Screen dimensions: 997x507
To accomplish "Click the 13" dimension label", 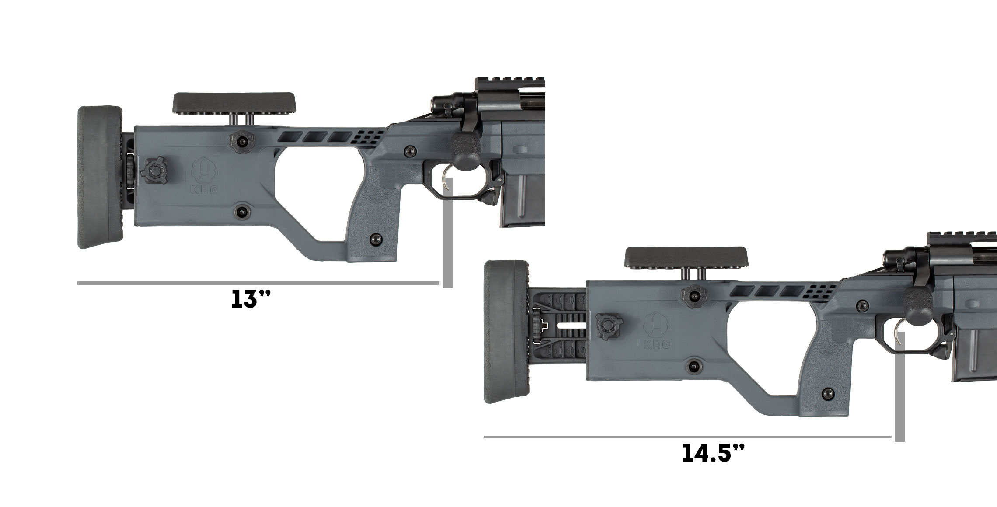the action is tap(251, 300).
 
